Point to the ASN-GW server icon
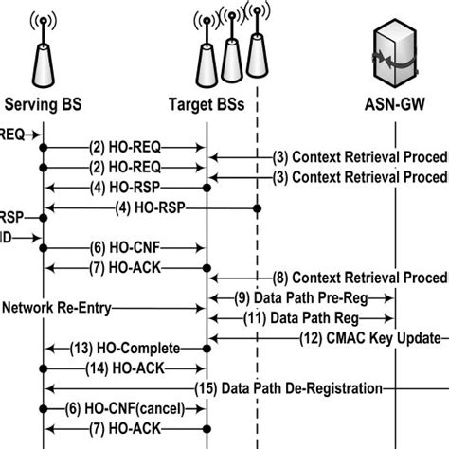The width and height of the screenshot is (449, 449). pyautogui.click(x=394, y=52)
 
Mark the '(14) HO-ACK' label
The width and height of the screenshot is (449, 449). pyautogui.click(x=123, y=368)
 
